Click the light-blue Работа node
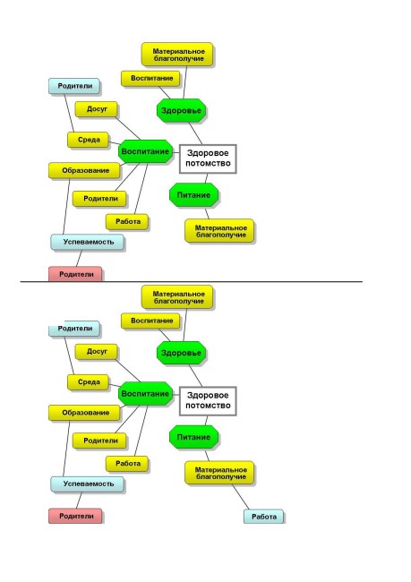[263, 517]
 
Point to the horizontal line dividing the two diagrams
[192, 282]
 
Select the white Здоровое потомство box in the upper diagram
[208, 158]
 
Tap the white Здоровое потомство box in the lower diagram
[208, 401]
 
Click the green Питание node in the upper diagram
[193, 195]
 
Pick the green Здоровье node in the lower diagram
[181, 353]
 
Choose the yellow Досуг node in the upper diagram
[96, 109]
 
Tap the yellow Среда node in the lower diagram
[88, 382]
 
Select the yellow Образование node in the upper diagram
[85, 170]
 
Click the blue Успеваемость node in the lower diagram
[87, 484]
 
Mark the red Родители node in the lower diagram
[75, 516]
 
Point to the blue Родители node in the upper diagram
[74, 86]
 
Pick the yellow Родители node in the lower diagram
[99, 441]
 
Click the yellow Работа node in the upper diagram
[127, 221]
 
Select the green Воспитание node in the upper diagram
[146, 151]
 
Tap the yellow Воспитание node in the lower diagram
[150, 321]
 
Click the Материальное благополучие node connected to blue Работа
[219, 473]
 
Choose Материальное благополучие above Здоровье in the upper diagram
[177, 55]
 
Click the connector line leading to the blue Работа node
[241, 497]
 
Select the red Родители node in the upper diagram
[75, 274]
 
